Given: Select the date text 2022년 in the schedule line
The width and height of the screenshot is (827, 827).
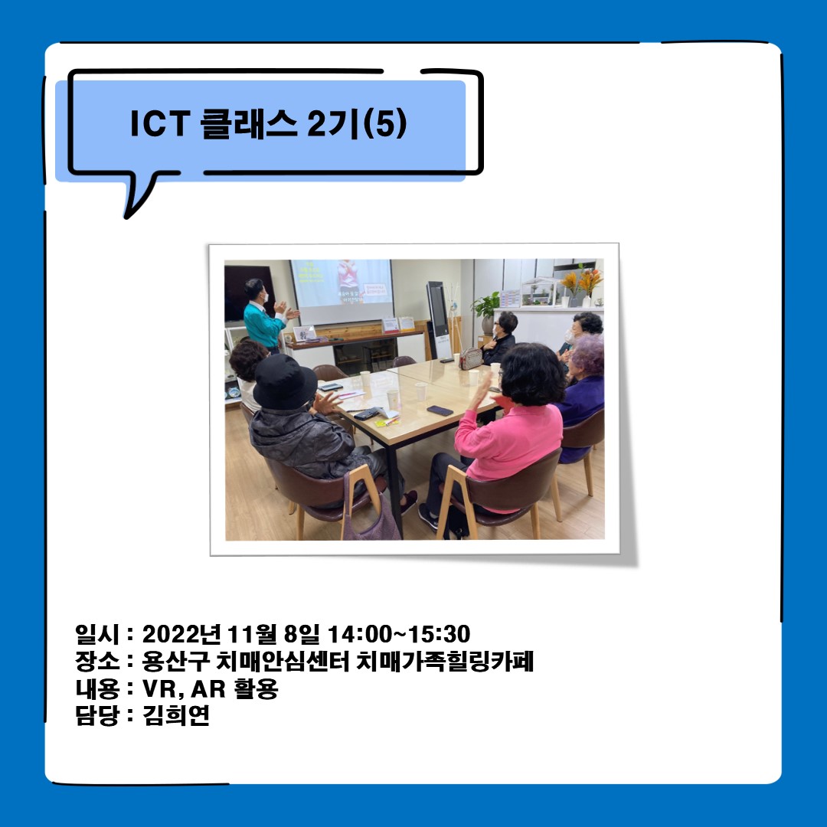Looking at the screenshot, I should click(181, 634).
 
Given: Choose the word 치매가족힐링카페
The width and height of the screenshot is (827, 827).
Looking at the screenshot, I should click(445, 662).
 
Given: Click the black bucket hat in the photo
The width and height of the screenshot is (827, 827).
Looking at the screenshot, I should click(284, 380).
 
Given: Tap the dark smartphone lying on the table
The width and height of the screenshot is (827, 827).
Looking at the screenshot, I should click(440, 410).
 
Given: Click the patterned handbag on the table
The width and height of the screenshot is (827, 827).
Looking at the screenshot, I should click(470, 358).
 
